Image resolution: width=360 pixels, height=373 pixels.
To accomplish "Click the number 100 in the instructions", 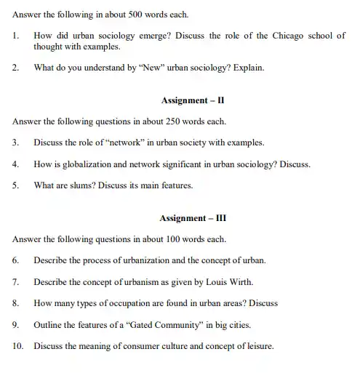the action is pos(168,238).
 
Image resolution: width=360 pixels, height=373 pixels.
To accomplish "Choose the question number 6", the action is pos(15,260).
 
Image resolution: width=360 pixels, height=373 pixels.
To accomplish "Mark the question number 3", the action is pos(15,142).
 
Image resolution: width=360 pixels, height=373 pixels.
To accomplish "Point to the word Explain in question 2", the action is pos(247,69).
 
